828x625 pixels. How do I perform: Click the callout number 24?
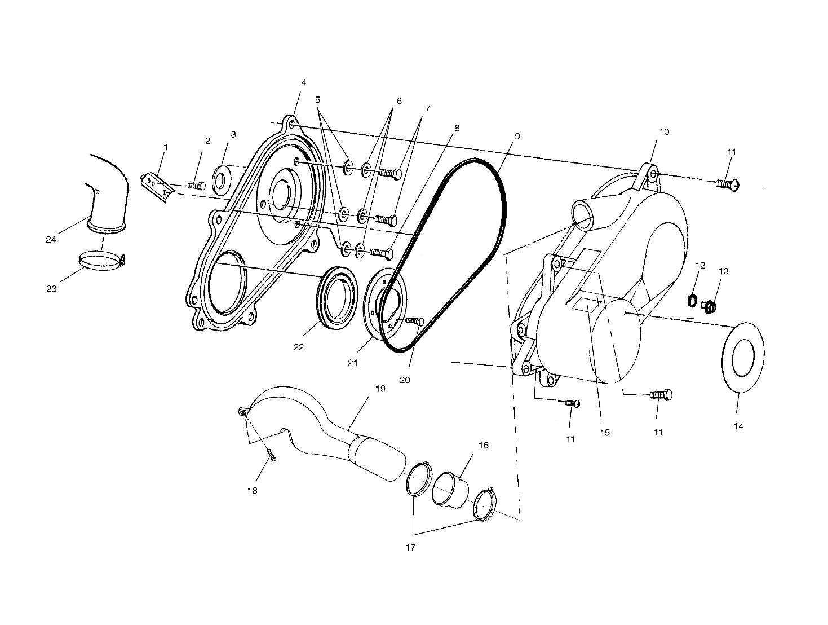[x=51, y=239]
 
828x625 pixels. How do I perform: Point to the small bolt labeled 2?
[x=196, y=186]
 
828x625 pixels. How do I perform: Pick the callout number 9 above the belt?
[x=517, y=137]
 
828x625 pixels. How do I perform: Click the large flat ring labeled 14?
[x=743, y=357]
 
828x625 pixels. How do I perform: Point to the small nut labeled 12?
[x=692, y=300]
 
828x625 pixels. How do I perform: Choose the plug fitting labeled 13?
[x=710, y=306]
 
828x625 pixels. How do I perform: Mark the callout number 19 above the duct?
[x=379, y=389]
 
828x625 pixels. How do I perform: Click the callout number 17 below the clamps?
[x=410, y=547]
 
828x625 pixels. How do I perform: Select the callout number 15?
[x=604, y=433]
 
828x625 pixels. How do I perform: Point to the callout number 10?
[x=663, y=132]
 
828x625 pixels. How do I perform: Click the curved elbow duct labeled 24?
[x=107, y=189]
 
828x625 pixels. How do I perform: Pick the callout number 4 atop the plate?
[x=304, y=82]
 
